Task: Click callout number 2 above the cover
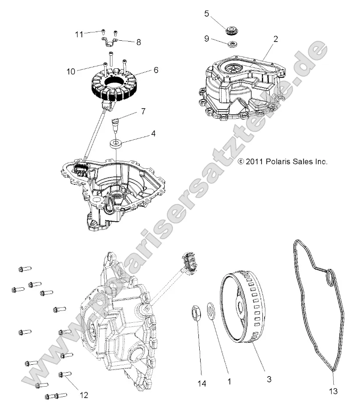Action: [275, 39]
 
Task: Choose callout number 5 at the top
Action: [207, 14]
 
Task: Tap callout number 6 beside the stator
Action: [144, 70]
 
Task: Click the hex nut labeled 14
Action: [197, 314]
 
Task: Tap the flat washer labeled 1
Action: [210, 312]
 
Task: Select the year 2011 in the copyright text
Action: [254, 162]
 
